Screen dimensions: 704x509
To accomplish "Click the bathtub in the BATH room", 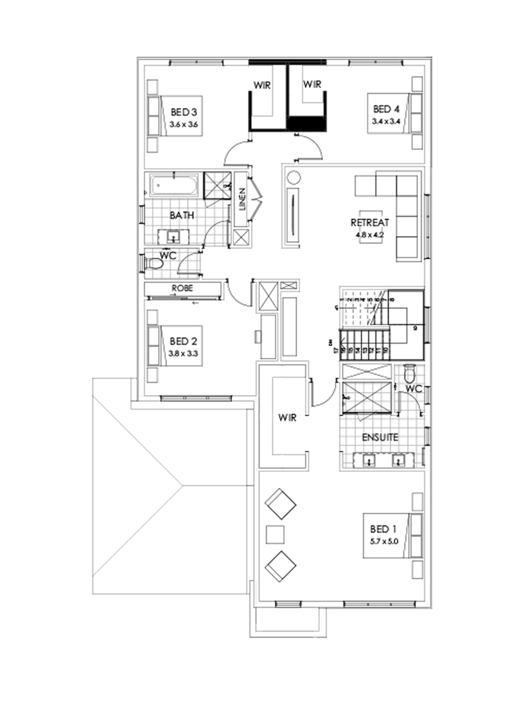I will pos(174,185).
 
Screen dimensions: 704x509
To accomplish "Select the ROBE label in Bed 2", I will pos(183,288).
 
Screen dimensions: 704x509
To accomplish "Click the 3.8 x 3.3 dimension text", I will pos(182,353).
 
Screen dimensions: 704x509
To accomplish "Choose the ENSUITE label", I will pos(381,437).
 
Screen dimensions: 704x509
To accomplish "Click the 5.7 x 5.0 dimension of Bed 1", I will pos(385,540).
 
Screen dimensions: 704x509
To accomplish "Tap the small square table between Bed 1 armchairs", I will pos(275,534).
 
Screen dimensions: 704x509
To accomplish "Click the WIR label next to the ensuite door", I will pos(287,418).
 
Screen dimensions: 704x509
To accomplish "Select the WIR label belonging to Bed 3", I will pos(261,86).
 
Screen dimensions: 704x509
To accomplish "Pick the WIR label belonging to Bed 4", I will pos(312,85).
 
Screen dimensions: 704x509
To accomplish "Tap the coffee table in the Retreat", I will pos(370,237).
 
